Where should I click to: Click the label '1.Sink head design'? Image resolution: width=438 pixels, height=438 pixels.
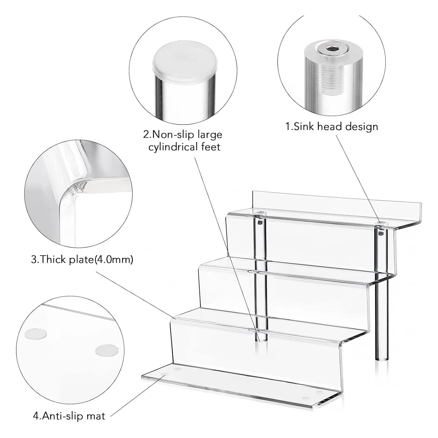click(332, 127)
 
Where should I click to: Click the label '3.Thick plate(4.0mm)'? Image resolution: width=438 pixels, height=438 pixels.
click(82, 259)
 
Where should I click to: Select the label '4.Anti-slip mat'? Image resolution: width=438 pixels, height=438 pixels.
click(69, 416)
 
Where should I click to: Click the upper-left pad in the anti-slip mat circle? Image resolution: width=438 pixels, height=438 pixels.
click(36, 334)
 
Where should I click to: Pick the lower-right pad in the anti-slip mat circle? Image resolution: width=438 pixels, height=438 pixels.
click(105, 351)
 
